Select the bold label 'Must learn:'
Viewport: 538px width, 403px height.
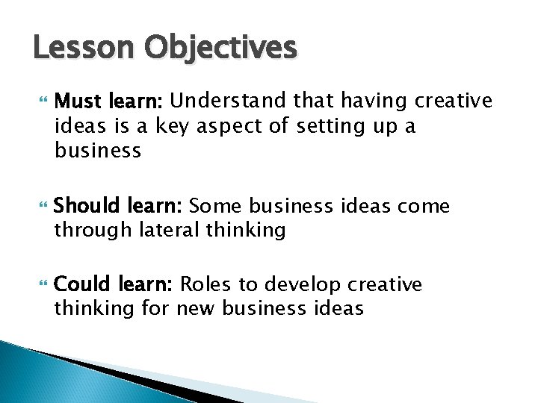tap(113, 101)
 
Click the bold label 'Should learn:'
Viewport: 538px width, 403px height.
tap(120, 204)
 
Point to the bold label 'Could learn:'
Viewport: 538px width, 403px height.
tap(114, 284)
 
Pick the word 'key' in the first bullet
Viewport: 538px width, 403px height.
tap(175, 126)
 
